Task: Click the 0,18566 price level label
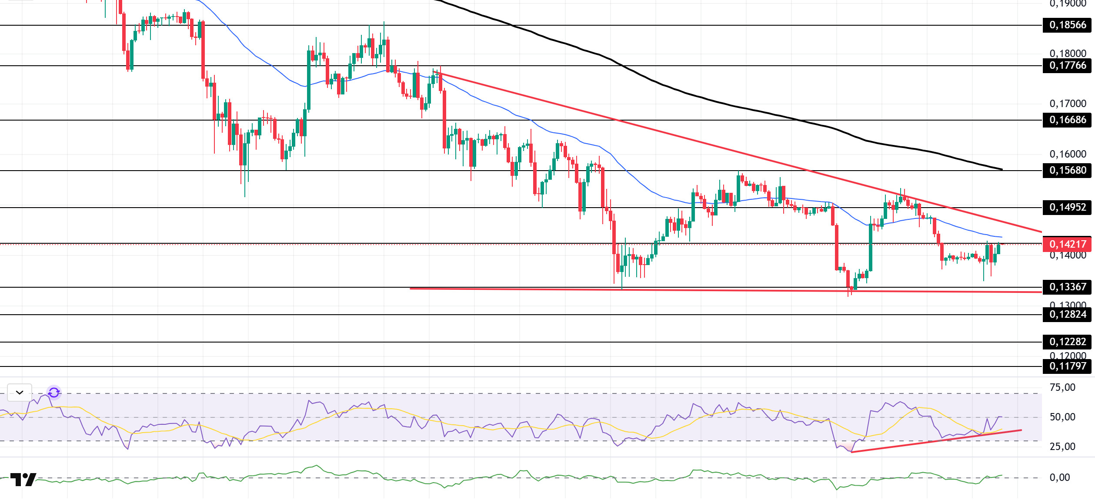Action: tap(1067, 25)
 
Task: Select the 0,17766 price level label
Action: tap(1067, 66)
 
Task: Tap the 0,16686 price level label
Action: tap(1067, 120)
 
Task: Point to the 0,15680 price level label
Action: tap(1067, 171)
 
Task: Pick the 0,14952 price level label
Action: tap(1067, 208)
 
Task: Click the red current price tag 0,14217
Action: tap(1067, 245)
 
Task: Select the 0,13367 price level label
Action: tap(1067, 287)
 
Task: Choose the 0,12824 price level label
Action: tap(1067, 315)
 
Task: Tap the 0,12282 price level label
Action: tap(1067, 342)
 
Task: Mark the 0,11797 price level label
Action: tap(1067, 366)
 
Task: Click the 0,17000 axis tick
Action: tap(1068, 104)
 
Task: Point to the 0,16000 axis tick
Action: tap(1068, 155)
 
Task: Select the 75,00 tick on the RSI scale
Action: tap(1062, 388)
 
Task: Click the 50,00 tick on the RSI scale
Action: tap(1062, 417)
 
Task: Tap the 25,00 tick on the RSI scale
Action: tap(1062, 447)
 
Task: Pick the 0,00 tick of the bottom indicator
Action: tap(1059, 478)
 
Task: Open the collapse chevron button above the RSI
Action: tap(20, 393)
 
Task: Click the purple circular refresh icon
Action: tap(54, 393)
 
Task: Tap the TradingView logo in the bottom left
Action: tap(23, 480)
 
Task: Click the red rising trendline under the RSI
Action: tap(935, 441)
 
